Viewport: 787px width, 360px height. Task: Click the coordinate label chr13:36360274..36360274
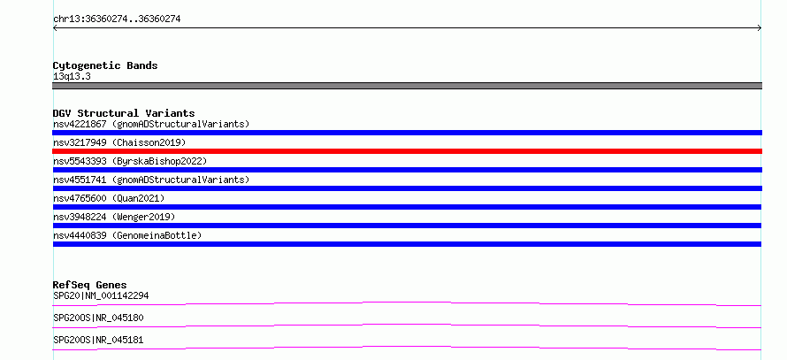coord(117,19)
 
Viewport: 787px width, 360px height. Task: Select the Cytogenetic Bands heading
coord(105,65)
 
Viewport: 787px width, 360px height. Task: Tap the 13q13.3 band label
coord(72,77)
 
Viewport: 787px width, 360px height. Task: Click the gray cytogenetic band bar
coord(407,86)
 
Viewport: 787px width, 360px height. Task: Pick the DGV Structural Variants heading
coord(124,113)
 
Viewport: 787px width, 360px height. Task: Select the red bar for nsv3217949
coord(407,151)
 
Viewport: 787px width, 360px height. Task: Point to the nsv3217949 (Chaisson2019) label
coord(119,142)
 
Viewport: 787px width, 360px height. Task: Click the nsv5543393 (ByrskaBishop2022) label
coord(130,161)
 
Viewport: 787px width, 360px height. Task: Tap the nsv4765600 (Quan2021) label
coord(109,198)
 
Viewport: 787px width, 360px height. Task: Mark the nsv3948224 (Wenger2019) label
coord(114,217)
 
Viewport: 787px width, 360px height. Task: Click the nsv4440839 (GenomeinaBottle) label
coord(127,235)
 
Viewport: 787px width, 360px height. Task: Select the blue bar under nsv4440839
coord(407,244)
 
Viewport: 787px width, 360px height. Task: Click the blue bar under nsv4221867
coord(407,133)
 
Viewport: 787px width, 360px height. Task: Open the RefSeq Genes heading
coord(90,285)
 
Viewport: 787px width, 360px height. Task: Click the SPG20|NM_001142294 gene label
coord(101,295)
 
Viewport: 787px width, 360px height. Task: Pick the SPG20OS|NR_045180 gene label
coord(98,318)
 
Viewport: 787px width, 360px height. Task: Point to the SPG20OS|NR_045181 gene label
coord(98,340)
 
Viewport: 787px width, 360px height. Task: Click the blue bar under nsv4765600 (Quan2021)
coord(407,207)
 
